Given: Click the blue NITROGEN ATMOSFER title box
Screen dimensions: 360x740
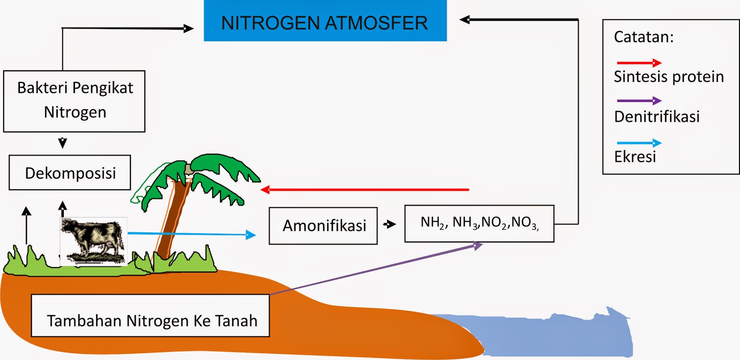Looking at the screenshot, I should (325, 21).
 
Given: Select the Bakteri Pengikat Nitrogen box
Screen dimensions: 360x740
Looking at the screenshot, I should (74, 101).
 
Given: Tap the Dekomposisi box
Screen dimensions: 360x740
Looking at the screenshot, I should (70, 173).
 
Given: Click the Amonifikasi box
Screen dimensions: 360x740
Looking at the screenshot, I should (323, 226).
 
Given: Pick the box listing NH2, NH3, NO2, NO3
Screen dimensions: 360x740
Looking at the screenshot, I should (479, 223).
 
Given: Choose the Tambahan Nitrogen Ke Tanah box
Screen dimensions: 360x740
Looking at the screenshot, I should (150, 316).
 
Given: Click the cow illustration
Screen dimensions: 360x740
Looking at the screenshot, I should (94, 241).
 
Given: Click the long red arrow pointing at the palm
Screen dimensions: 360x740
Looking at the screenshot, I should (365, 190).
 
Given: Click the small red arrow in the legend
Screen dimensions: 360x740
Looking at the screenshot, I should (639, 63).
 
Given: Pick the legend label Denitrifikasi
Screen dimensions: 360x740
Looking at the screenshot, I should (656, 117).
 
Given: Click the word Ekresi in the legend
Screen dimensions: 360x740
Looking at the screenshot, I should (635, 157).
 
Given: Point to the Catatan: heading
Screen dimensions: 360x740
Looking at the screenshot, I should (643, 37).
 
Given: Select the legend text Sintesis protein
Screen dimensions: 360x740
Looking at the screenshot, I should (668, 77).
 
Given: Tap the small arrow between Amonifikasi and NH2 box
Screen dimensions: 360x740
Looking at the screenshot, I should (389, 225).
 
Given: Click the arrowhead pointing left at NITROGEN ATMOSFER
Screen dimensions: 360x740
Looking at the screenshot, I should (464, 19).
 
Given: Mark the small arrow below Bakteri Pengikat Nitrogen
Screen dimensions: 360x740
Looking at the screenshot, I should (63, 143).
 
